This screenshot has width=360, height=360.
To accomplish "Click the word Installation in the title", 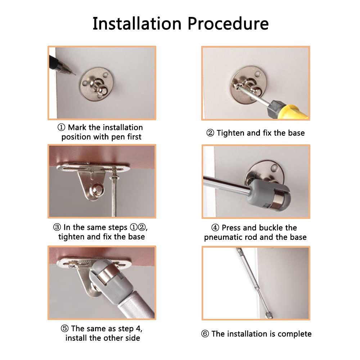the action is click(137, 23).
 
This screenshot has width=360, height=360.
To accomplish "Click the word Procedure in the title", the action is click(228, 24).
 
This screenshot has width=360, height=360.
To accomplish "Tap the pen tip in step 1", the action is click(75, 74).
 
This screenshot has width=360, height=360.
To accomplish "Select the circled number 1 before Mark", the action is click(61, 127).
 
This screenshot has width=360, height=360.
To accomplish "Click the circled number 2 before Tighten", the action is click(210, 133).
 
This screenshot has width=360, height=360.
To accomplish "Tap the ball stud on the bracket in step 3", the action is click(97, 190).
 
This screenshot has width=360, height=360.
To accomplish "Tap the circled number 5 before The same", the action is click(65, 328).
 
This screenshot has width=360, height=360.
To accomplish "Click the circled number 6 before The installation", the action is click(205, 334).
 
